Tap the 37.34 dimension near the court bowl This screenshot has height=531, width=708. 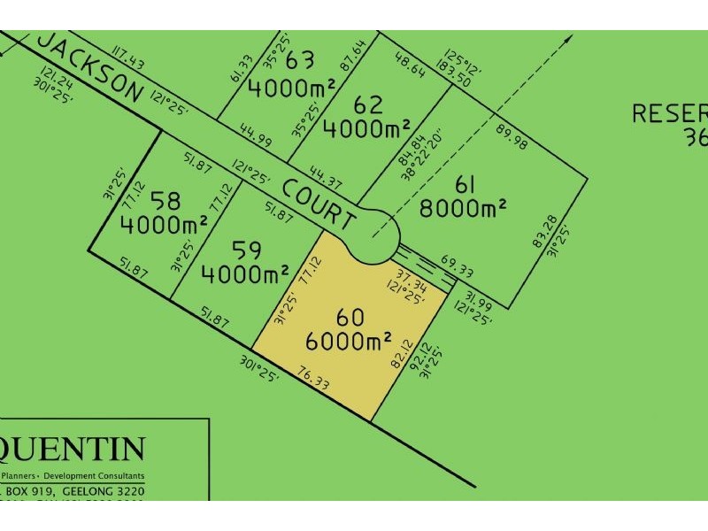click(411, 279)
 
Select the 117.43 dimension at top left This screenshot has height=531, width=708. click(124, 57)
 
